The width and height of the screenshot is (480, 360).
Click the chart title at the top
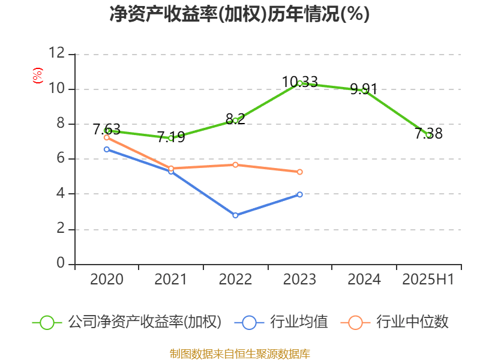239,14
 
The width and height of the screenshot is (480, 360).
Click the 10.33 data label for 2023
299,82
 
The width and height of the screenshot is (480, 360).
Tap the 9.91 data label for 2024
364,89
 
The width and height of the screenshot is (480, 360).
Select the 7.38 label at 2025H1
428,134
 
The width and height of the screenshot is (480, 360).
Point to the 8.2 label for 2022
235,119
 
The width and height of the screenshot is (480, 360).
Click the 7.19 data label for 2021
171,137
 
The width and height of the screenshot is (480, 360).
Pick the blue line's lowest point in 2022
235,215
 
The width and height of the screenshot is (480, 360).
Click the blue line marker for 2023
299,194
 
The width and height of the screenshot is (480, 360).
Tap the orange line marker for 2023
299,172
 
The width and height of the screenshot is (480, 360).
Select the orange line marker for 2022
235,164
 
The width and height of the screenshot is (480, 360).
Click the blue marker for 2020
107,149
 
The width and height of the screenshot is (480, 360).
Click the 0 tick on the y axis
61,264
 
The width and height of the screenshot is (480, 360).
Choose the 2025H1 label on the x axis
428,280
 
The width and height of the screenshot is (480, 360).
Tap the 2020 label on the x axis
107,280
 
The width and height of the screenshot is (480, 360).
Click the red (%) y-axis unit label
37,76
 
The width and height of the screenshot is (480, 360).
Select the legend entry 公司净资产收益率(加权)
144,322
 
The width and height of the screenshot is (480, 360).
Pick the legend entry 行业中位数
412,322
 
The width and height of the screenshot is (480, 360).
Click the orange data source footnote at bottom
239,353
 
